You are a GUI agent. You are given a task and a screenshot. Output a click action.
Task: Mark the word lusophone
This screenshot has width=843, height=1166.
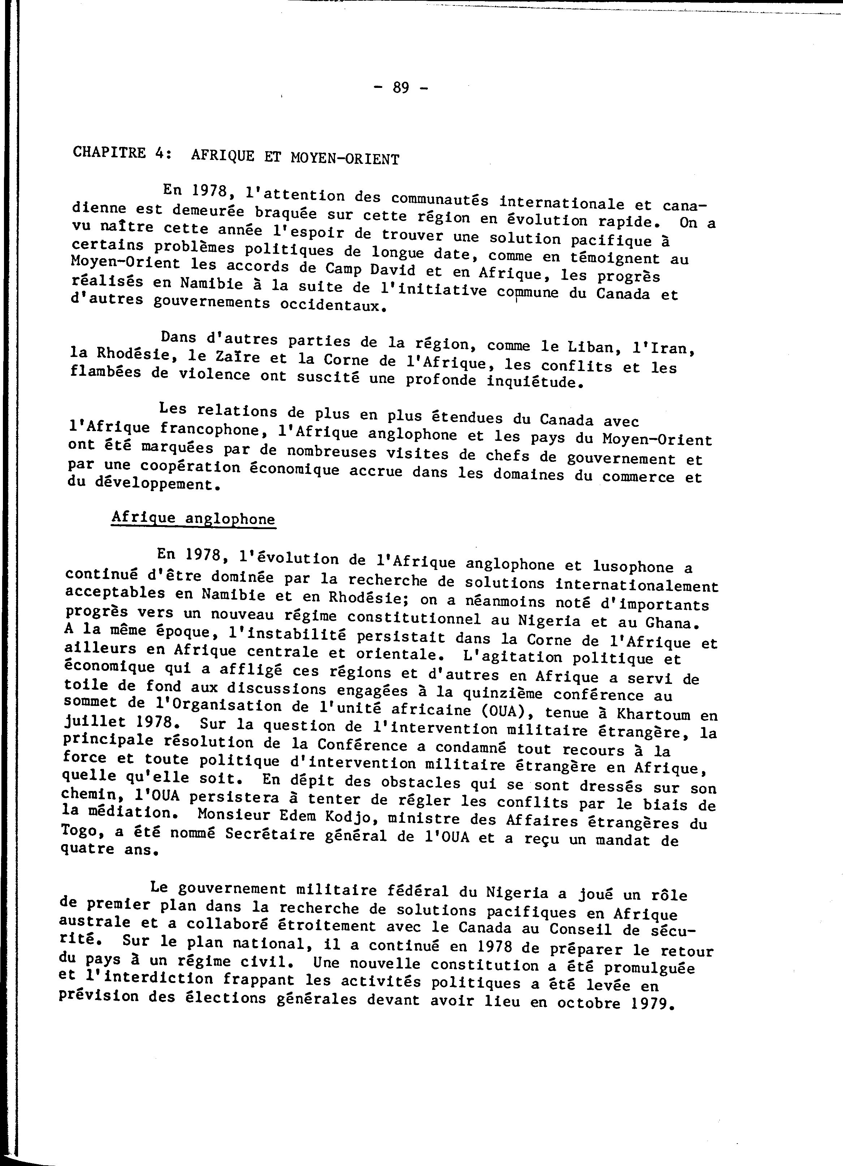[633, 566]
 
